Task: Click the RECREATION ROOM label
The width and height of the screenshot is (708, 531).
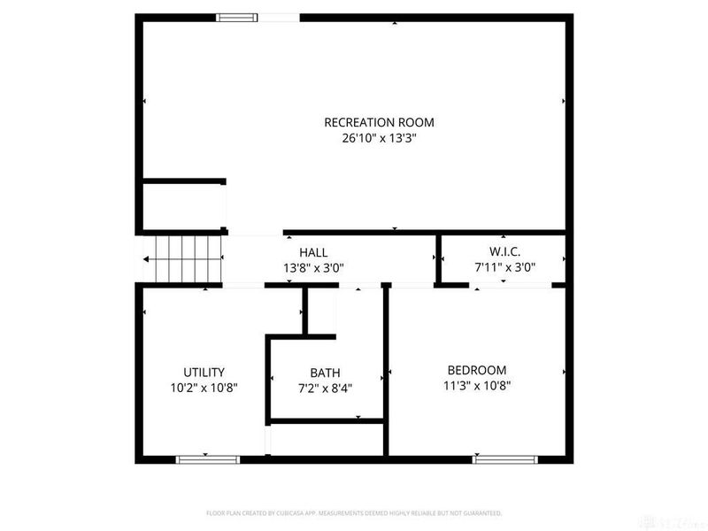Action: coord(379,122)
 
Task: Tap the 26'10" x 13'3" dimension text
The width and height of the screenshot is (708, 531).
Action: coord(379,138)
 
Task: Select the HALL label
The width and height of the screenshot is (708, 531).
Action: coord(313,252)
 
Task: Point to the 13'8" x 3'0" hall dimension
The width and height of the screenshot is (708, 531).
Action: coord(313,267)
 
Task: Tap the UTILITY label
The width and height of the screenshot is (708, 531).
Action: coord(204,372)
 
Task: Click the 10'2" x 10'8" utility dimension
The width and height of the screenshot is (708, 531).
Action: coord(204,387)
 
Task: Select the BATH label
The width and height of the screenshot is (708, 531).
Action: coord(325,373)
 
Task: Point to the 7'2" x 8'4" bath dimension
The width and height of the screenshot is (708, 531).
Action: coord(325,388)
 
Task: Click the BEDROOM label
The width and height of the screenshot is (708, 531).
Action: coord(476,370)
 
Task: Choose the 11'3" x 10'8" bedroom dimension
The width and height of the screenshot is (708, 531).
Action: coord(476,385)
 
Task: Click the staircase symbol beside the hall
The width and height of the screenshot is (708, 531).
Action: coord(183,258)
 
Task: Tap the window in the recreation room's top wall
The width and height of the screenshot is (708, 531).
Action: coord(237,17)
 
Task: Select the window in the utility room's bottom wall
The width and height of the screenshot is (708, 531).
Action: coord(207,459)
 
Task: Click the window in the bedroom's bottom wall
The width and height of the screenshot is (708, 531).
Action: coord(505,459)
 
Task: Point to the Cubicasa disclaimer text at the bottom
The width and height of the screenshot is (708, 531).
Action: coord(354,513)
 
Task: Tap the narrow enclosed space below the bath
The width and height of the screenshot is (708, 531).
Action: coord(326,440)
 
